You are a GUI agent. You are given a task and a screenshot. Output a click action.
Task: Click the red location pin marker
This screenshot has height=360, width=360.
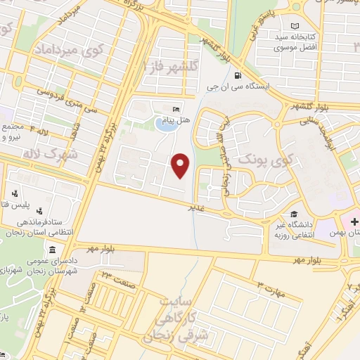coord(181,166)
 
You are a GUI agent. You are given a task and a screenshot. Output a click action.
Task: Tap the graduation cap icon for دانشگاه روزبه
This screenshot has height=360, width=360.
coord(292,214)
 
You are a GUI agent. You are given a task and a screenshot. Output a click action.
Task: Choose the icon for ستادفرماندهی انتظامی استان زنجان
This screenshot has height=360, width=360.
coord(39,210)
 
